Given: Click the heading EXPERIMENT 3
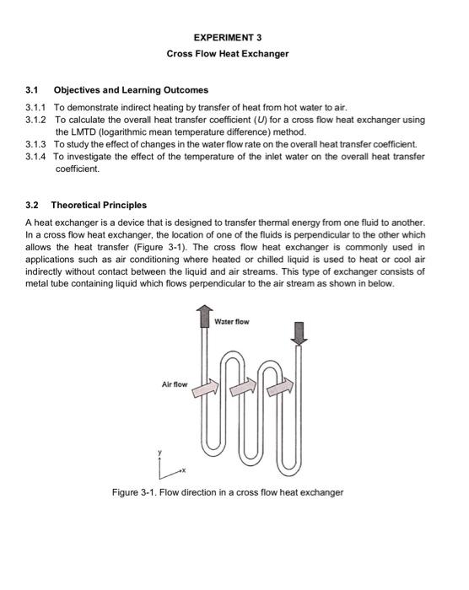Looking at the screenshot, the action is (228, 37).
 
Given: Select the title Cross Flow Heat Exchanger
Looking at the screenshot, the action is (228, 53).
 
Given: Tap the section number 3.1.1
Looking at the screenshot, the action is (35, 107).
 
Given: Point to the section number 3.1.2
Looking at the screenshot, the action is (35, 120).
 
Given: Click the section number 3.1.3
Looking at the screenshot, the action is (35, 144).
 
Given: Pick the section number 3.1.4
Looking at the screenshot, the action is (35, 157).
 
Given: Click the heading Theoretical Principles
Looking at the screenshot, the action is (99, 205).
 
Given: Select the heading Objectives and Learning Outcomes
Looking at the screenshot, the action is (131, 90).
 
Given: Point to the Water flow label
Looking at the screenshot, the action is (232, 322).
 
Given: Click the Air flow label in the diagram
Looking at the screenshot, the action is (175, 384).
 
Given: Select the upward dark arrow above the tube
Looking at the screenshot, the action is (204, 316).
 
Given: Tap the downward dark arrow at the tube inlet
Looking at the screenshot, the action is (299, 334).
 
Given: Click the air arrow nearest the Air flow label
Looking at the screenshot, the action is (206, 389).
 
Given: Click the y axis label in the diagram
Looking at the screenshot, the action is (159, 453).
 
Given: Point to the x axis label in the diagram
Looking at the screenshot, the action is (184, 470).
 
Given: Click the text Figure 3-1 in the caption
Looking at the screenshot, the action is (134, 492).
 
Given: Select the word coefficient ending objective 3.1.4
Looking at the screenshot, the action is (78, 169).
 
